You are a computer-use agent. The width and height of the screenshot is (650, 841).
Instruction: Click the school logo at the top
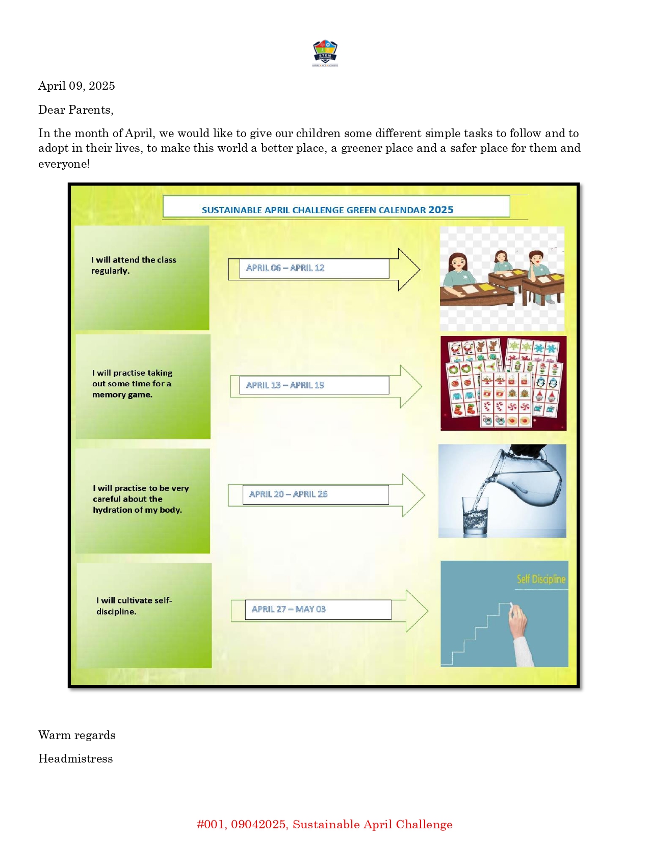click(325, 53)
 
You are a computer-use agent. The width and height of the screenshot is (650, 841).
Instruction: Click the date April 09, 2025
click(76, 86)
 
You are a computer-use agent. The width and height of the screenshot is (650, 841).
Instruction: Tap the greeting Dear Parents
click(75, 110)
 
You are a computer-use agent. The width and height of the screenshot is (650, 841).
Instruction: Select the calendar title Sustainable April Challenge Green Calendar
click(327, 209)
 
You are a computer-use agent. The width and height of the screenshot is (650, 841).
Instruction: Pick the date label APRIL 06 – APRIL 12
click(285, 268)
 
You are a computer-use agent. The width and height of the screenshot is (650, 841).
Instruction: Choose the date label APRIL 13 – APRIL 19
click(285, 385)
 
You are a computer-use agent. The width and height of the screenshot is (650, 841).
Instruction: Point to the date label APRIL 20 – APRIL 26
click(288, 494)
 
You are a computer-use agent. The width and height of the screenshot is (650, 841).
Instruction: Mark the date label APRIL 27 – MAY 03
click(289, 609)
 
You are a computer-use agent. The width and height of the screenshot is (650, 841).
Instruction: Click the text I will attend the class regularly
click(134, 265)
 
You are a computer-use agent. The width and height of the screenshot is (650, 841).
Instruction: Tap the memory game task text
click(132, 384)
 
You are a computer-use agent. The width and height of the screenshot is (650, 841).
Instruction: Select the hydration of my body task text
click(140, 499)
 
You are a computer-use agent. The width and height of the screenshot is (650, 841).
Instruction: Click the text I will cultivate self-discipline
click(134, 606)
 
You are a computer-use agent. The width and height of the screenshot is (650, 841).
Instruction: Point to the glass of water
click(475, 516)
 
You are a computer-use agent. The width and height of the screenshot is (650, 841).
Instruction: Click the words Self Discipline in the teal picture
click(541, 579)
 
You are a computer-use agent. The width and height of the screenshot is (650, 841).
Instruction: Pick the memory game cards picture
click(503, 383)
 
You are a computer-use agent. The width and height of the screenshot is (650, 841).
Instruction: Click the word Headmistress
click(75, 758)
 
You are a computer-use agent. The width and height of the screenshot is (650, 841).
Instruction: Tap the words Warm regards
click(76, 735)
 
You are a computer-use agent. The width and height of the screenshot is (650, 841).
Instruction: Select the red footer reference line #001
click(325, 824)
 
